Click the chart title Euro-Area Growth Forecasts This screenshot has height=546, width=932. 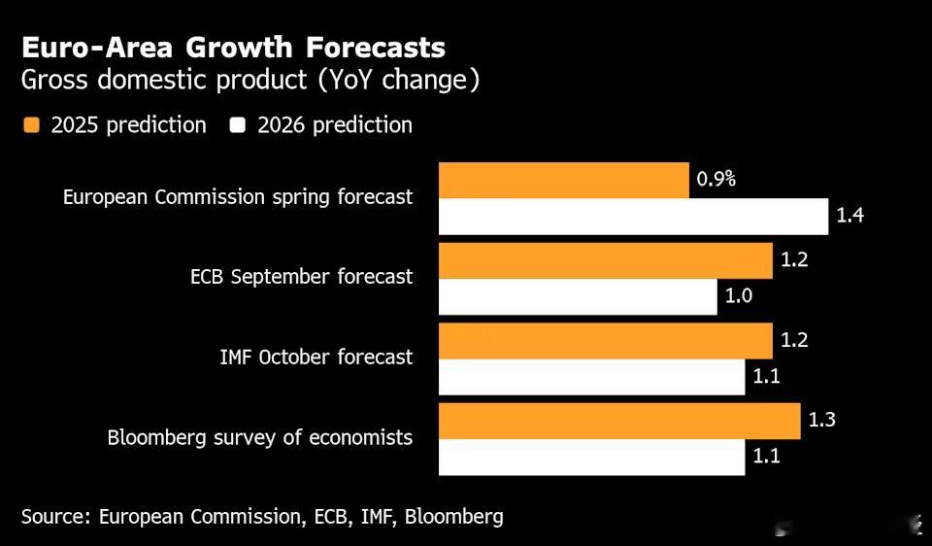pyautogui.click(x=233, y=48)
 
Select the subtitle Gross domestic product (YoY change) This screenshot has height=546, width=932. pyautogui.click(x=250, y=81)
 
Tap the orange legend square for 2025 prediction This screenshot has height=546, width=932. pyautogui.click(x=32, y=125)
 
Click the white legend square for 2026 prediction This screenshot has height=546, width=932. pyautogui.click(x=238, y=125)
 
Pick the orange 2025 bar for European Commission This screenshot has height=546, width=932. pyautogui.click(x=563, y=180)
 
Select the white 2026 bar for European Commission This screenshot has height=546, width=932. pyautogui.click(x=633, y=216)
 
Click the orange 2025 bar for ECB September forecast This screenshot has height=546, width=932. pyautogui.click(x=606, y=260)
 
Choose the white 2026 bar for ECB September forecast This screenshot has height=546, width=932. pyautogui.click(x=578, y=296)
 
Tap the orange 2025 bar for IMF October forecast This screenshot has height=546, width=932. pyautogui.click(x=606, y=341)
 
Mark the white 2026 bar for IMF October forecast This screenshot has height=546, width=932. pyautogui.click(x=591, y=377)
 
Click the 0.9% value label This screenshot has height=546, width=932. pyautogui.click(x=716, y=180)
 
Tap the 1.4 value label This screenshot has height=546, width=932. pyautogui.click(x=850, y=216)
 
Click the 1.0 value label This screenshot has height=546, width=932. pyautogui.click(x=739, y=296)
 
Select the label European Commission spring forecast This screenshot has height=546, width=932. pyautogui.click(x=238, y=197)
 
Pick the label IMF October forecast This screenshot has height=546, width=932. pyautogui.click(x=316, y=358)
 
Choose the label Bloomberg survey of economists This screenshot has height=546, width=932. pyautogui.click(x=260, y=438)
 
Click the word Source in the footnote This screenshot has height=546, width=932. pyautogui.click(x=53, y=517)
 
